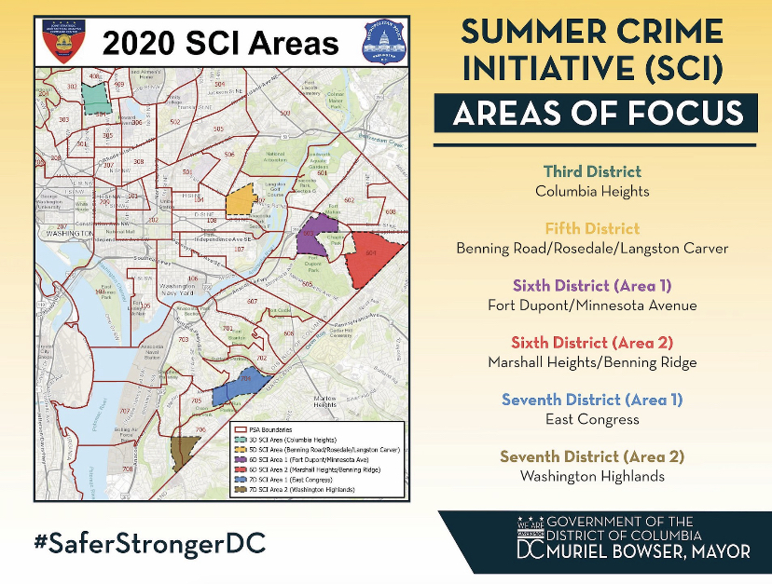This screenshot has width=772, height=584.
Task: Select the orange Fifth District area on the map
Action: (x=241, y=200)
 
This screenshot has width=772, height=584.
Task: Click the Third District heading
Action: (x=592, y=171)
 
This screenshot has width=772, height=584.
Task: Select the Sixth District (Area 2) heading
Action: (x=592, y=343)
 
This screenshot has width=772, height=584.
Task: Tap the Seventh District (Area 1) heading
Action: (x=592, y=400)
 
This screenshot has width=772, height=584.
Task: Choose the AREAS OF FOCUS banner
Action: (x=593, y=113)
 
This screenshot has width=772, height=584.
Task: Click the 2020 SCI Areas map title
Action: (x=220, y=43)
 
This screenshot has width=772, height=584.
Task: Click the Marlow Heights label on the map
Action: (x=325, y=401)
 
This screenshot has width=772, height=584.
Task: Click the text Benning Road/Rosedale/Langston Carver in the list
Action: (x=592, y=249)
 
